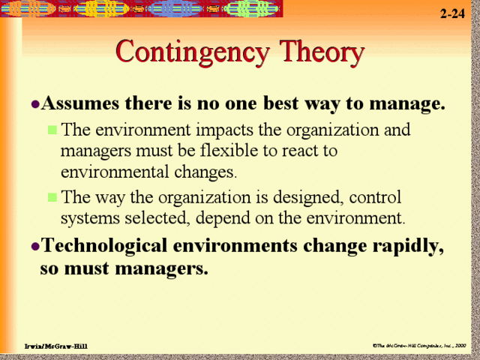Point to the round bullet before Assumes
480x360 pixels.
coord(35,103)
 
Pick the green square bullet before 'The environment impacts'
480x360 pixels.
coord(52,130)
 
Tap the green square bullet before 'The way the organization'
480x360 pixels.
coord(52,198)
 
